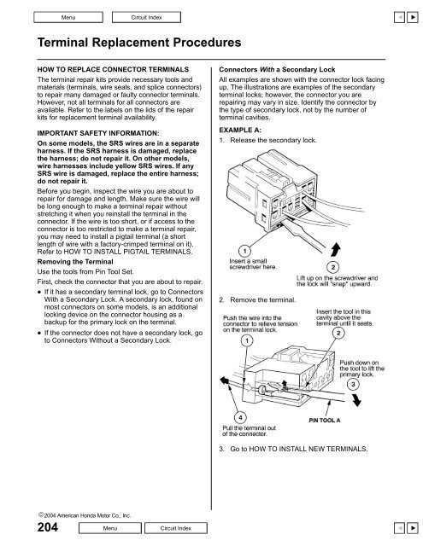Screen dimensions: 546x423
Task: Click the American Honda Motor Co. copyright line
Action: tap(65, 514)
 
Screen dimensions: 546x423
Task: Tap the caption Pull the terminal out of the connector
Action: tap(253, 435)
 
